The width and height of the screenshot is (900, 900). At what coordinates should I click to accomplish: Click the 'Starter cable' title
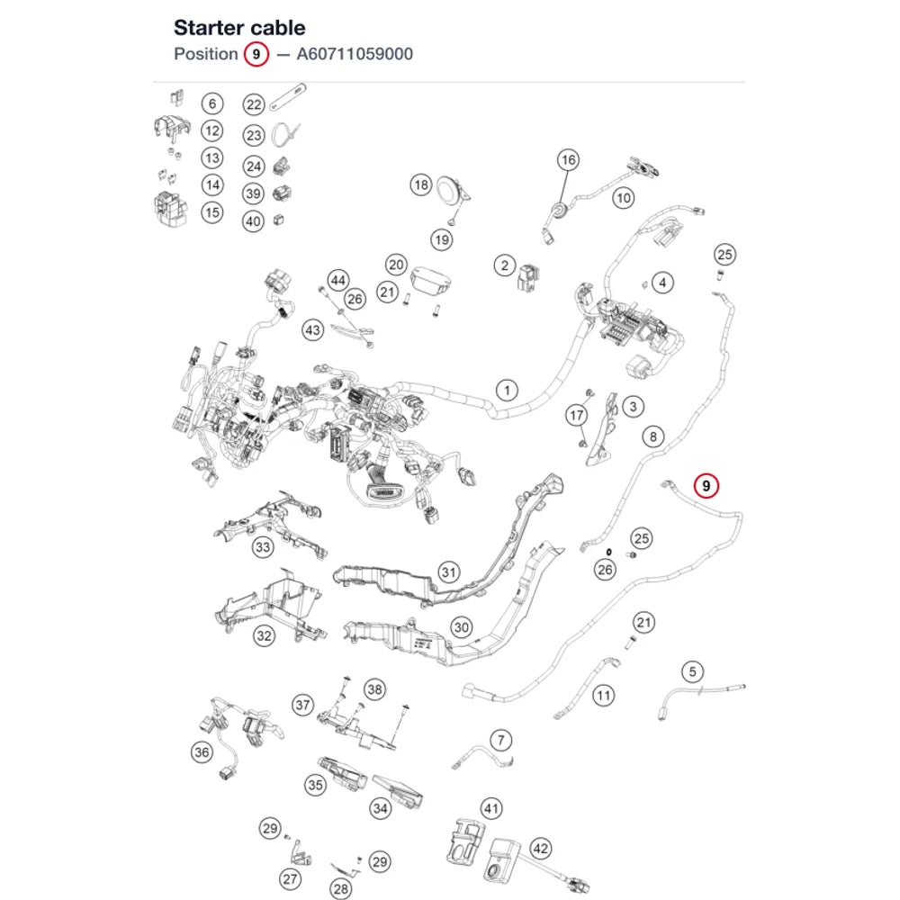coord(239,28)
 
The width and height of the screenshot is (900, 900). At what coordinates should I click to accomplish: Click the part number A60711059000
coord(355,54)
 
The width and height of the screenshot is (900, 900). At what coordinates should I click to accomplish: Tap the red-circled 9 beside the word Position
coord(256,54)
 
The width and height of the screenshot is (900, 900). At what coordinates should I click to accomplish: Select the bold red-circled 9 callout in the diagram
coord(706,486)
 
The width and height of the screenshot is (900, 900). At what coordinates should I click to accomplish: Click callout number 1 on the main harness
coord(507,391)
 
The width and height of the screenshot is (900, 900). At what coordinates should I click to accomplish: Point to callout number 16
coord(568,159)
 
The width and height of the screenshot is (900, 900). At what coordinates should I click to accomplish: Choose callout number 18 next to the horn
coord(421,184)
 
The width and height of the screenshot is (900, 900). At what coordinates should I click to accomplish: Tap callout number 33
coord(263,547)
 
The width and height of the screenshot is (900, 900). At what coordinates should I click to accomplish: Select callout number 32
coord(264,635)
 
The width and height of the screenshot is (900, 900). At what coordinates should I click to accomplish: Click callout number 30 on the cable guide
coord(462,627)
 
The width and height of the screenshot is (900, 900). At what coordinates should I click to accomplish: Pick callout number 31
coord(449,571)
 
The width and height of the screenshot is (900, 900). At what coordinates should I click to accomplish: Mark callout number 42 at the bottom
coord(541,849)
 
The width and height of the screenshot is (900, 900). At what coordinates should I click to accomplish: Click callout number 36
coord(202,751)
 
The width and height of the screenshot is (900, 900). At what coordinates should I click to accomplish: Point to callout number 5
coord(693,671)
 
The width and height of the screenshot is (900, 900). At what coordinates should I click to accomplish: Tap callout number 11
coord(603,696)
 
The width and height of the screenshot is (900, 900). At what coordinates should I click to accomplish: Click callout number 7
coord(501,740)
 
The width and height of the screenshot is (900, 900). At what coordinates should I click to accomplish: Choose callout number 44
coord(338,280)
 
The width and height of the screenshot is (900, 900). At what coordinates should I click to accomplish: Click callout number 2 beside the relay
coord(505,265)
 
